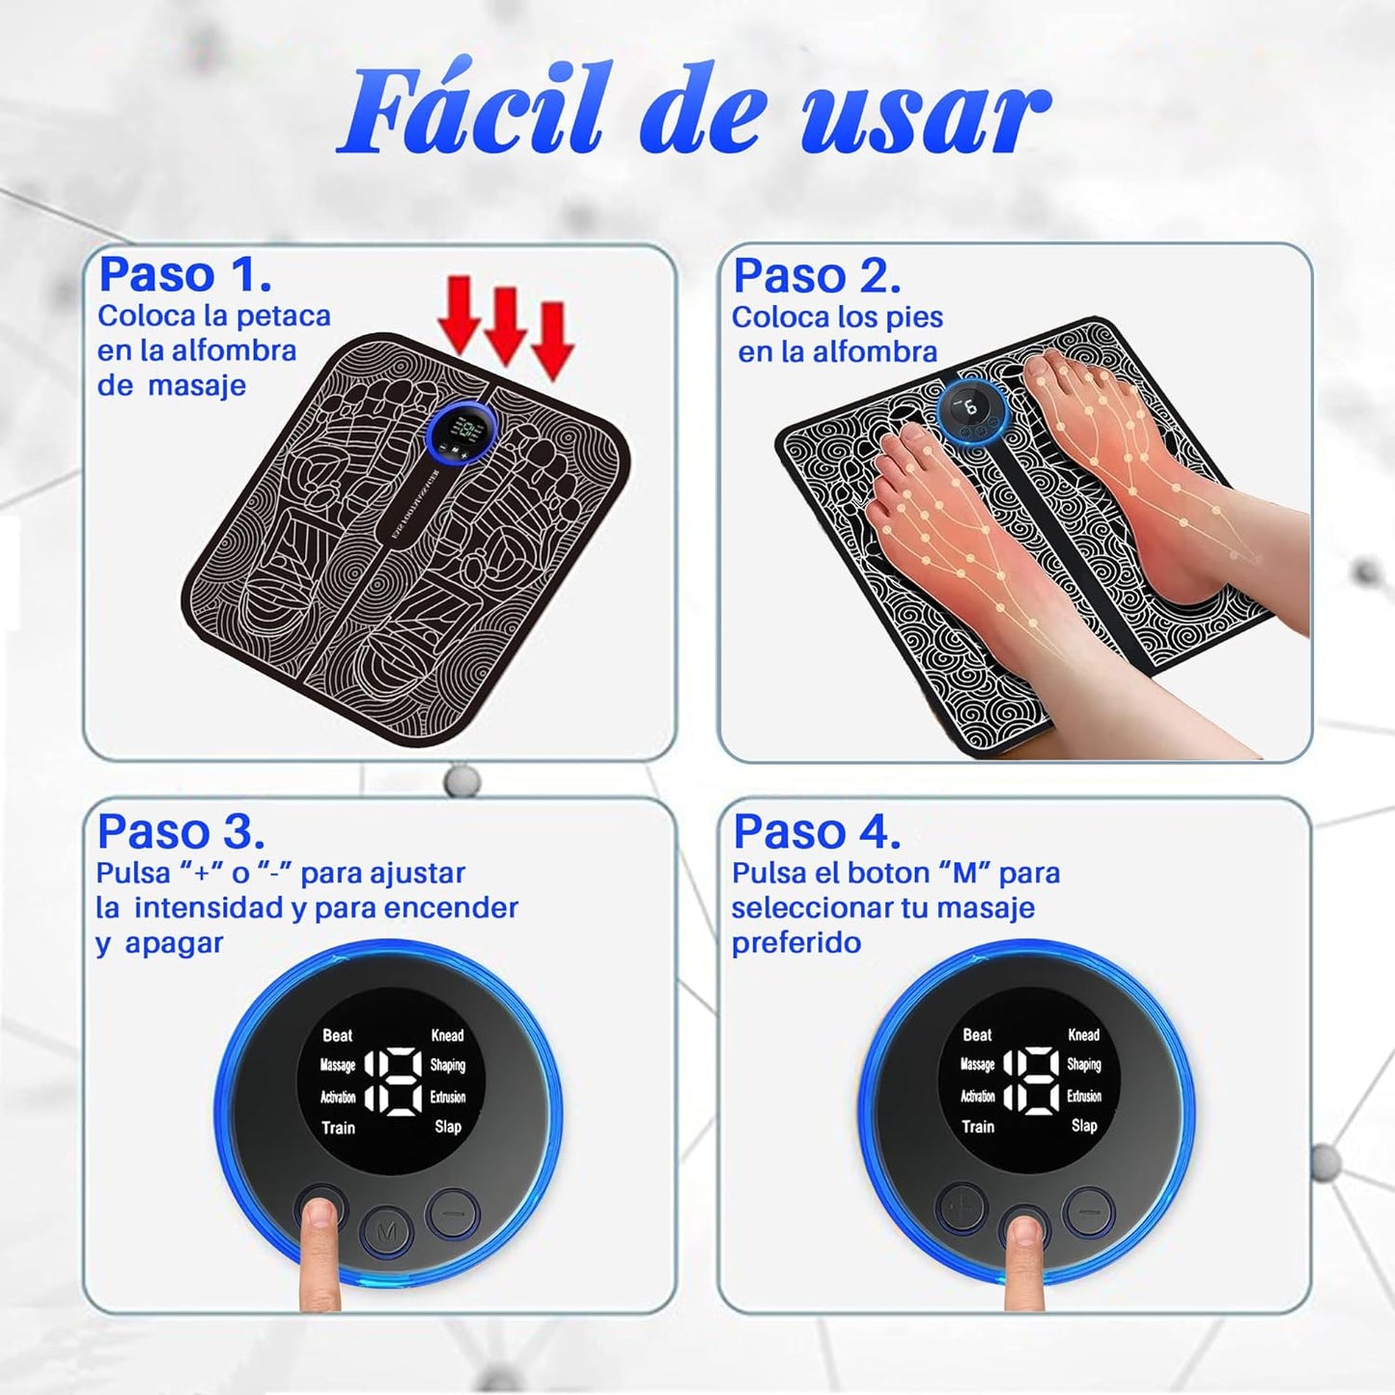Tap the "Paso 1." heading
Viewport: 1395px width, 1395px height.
[x=184, y=274]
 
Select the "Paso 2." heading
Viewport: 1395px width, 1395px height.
[x=817, y=276]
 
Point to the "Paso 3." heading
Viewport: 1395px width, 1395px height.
[x=181, y=830]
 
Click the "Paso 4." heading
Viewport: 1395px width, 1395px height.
[x=817, y=830]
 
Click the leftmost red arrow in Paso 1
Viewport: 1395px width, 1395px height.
[x=460, y=314]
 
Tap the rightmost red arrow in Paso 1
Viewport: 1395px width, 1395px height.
[x=552, y=340]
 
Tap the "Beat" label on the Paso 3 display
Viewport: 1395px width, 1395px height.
[x=337, y=1035]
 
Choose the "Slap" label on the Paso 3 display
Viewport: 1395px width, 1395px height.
[x=448, y=1127]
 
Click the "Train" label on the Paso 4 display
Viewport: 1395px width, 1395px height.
[x=977, y=1127]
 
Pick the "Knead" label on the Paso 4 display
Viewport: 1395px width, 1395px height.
[x=1084, y=1034]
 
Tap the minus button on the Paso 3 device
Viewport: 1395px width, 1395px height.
[x=453, y=1212]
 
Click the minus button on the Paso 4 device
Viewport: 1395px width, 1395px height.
[x=1089, y=1212]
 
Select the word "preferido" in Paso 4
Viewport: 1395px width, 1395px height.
[x=795, y=942]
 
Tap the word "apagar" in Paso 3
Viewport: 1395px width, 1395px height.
[x=174, y=943]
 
